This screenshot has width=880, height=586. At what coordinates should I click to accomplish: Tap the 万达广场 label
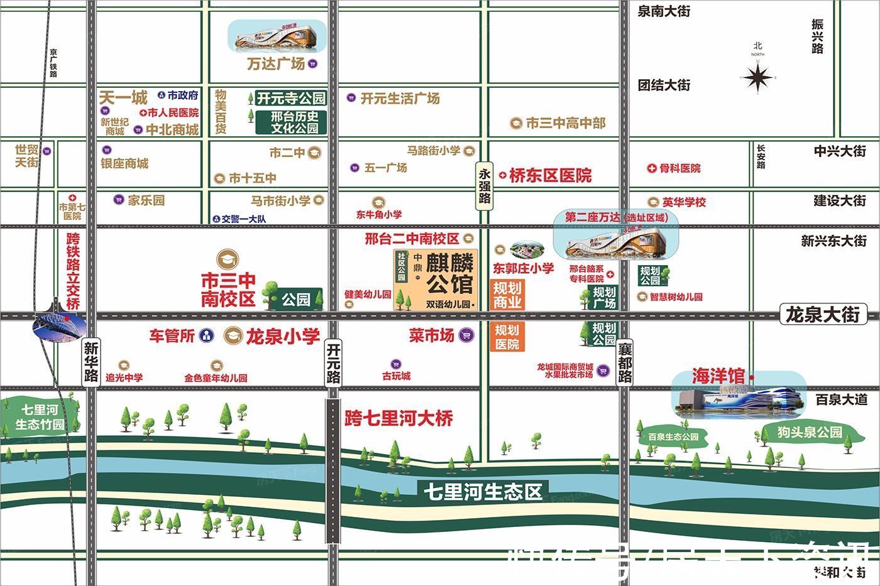[276, 63]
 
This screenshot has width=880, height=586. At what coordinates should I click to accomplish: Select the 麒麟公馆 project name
[449, 274]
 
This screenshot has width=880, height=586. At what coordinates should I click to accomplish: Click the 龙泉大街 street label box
[823, 314]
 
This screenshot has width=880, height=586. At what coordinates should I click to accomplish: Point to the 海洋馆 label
[718, 376]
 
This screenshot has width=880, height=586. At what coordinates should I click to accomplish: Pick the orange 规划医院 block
[507, 337]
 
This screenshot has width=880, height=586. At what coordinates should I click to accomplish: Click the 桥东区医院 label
[550, 176]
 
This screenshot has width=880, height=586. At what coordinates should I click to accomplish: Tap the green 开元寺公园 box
[291, 98]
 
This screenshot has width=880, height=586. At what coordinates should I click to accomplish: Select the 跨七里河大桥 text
[399, 418]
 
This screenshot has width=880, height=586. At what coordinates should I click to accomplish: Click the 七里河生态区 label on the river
[482, 491]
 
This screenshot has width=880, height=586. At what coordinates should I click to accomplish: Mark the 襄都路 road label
[624, 363]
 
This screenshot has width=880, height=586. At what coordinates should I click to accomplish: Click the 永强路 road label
[484, 186]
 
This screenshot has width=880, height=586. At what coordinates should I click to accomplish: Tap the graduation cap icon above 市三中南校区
[227, 259]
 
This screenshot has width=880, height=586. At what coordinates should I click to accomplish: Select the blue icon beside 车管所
[207, 336]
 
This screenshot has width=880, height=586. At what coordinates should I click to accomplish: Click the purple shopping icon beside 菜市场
[466, 335]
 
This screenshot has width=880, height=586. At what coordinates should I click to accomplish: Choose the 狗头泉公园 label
[809, 432]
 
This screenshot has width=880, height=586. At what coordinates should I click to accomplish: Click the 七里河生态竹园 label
[40, 418]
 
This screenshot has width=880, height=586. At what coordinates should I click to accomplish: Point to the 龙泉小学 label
[282, 336]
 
